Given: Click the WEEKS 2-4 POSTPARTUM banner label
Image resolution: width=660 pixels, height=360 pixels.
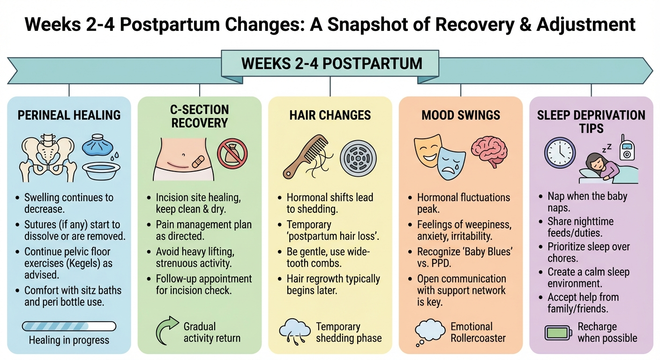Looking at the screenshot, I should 331,63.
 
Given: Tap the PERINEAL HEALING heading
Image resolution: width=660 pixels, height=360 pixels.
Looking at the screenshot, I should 69,115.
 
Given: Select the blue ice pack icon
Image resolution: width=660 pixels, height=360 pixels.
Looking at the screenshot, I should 96,146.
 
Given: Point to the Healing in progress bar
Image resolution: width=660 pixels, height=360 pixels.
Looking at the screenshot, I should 69,326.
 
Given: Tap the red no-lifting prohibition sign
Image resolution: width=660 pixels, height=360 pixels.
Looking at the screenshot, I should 232,153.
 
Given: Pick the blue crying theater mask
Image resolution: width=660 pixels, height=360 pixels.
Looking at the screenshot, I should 450,162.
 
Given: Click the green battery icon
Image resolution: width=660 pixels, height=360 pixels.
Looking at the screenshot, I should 558,332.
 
